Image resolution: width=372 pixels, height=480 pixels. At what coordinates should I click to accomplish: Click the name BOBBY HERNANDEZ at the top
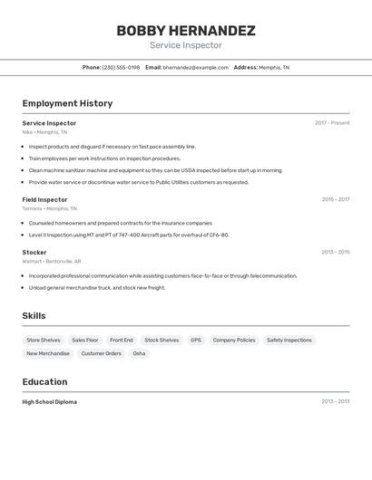[186, 31]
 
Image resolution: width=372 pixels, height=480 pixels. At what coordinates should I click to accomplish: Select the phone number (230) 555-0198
[122, 67]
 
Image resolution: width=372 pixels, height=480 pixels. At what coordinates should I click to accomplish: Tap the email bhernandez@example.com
[195, 67]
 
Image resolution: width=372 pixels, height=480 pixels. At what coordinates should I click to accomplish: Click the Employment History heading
[67, 103]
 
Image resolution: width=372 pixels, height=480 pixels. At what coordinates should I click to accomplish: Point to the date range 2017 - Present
[332, 123]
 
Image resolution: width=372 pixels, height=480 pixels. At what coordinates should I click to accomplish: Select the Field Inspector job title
[44, 199]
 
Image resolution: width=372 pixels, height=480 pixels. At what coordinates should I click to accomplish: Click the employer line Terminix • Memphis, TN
[49, 208]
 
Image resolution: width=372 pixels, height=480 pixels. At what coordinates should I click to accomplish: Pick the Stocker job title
[34, 252]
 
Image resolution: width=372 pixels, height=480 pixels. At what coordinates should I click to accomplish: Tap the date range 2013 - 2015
[335, 252]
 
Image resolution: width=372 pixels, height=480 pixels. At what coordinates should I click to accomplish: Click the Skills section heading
[34, 315]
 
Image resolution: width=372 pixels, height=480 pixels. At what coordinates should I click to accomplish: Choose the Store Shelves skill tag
[44, 341]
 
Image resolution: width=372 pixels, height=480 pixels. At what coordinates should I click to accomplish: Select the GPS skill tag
[196, 341]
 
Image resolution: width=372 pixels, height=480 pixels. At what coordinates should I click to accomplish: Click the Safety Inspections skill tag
[289, 341]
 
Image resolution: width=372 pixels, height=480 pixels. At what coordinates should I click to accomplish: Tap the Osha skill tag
[139, 353]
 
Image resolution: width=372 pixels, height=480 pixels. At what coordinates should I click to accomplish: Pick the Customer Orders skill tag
[101, 353]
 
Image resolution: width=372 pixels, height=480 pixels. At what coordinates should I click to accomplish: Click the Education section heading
[44, 381]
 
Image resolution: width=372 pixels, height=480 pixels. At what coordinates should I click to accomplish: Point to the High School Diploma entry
[49, 401]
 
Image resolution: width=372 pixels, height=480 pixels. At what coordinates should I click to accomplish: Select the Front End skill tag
[122, 341]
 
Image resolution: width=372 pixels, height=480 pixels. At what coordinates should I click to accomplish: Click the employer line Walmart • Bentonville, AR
[52, 261]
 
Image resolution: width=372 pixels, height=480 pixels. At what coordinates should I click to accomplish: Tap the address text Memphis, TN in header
[274, 67]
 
